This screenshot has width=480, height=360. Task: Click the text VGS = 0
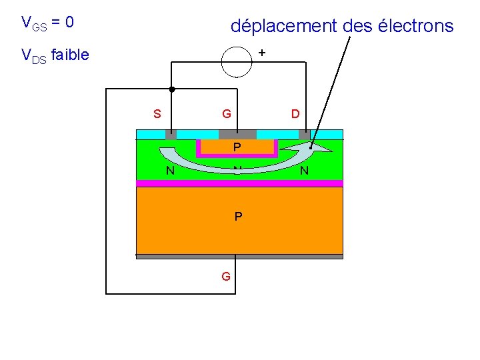click(47, 23)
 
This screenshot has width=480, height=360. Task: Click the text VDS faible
click(55, 55)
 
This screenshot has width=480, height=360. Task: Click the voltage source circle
click(237, 62)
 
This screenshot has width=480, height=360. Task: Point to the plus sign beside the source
click(261, 52)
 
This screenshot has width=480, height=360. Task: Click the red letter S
click(157, 113)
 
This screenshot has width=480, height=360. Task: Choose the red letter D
click(295, 113)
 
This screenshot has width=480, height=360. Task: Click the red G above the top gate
click(227, 113)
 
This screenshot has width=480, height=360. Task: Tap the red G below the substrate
click(226, 275)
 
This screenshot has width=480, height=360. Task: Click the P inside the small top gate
click(237, 147)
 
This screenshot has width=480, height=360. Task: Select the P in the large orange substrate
click(238, 217)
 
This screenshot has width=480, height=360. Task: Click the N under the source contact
click(171, 171)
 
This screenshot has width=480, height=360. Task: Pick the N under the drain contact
click(305, 171)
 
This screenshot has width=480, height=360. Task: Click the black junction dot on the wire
click(171, 89)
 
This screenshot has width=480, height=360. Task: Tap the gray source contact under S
click(171, 134)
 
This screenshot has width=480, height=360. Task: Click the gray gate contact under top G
click(237, 134)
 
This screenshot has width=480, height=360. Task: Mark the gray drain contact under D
click(304, 134)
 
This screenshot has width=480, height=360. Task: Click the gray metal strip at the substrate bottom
click(239, 256)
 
